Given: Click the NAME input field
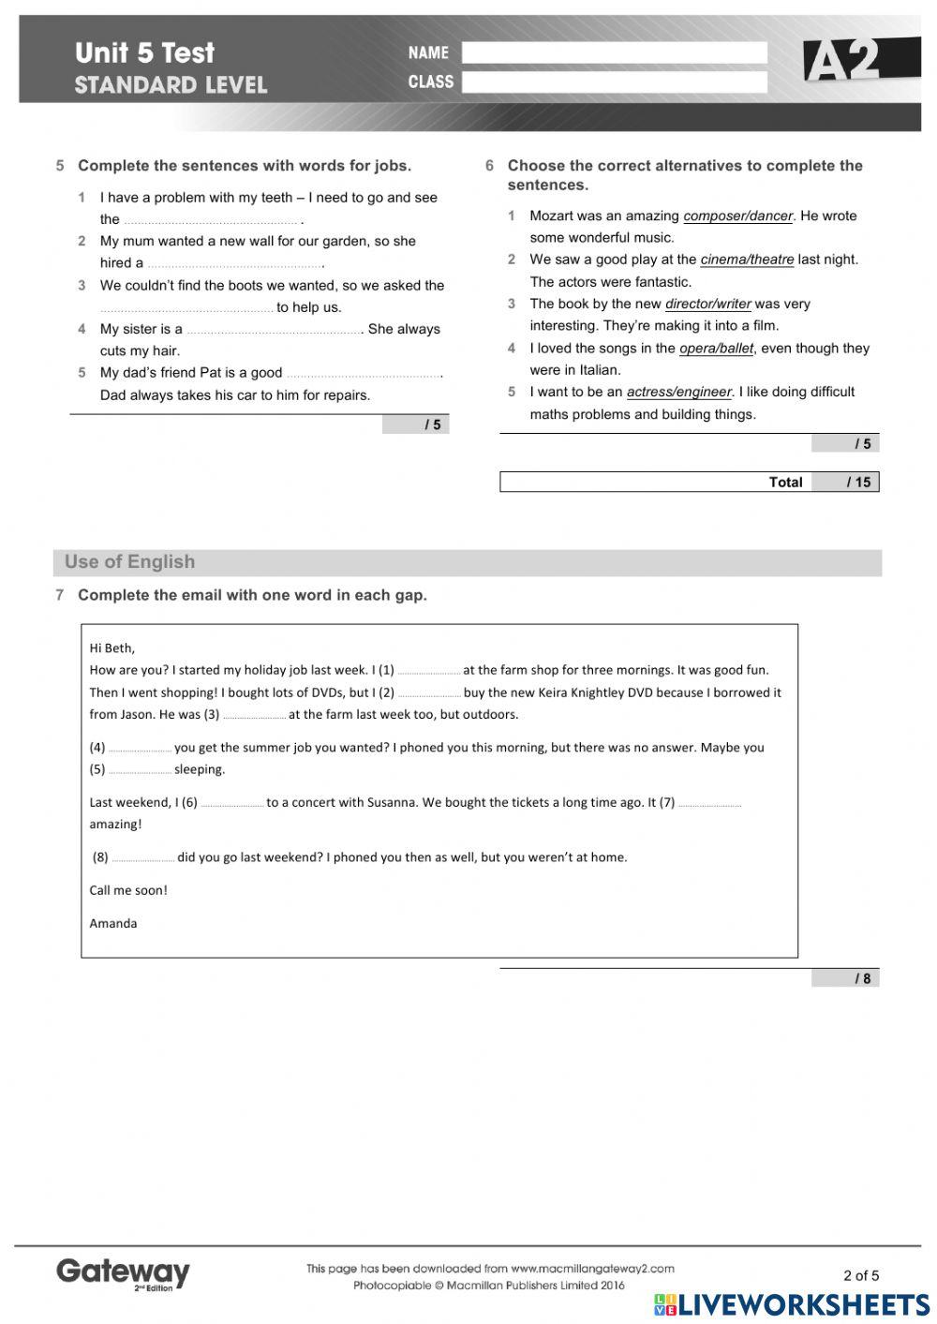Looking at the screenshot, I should pos(614,52).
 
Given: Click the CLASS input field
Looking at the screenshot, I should pos(614,82).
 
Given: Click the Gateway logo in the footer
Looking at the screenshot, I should pos(123,1273).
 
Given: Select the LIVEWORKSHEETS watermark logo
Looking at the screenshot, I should pos(792,1304).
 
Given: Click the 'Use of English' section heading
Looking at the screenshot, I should pos(129,562).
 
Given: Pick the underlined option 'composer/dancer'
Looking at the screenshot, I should pos(737,216).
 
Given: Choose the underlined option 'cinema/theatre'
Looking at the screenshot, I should pos(747,260).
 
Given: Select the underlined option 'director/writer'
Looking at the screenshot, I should pos(707,305).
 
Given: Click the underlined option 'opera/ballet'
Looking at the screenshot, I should pos(716,349).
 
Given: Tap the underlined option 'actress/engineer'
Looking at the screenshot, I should pos(678,393).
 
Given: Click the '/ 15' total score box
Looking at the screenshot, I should pos(845,483).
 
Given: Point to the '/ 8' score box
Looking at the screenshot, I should pos(845,978).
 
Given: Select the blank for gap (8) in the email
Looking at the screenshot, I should pos(142,858).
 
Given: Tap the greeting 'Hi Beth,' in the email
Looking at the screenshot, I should pos(112,647).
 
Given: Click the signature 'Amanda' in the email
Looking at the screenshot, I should pos(113,923).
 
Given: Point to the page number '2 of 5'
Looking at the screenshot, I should pos(861,1274).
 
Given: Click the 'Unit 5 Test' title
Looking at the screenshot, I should pos(144,52).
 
